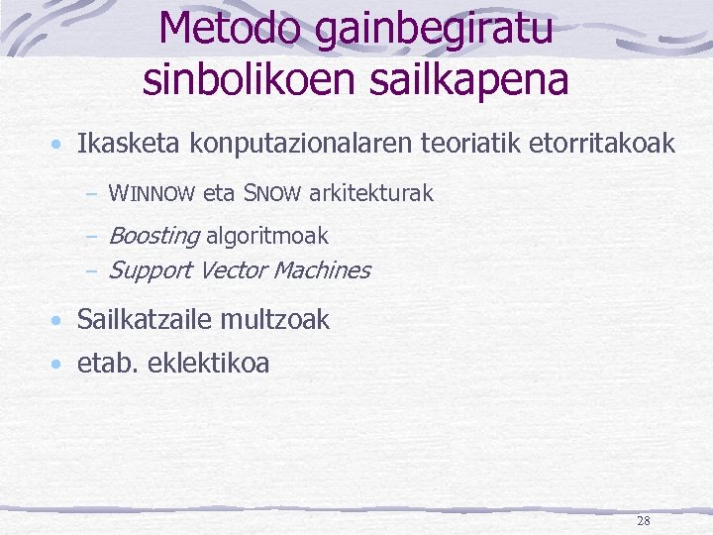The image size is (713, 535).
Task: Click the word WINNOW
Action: click(x=152, y=194)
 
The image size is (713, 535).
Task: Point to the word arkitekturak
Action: click(x=370, y=193)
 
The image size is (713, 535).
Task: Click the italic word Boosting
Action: click(x=153, y=236)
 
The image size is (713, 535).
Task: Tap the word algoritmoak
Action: click(x=266, y=236)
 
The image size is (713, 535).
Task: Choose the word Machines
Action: click(x=321, y=269)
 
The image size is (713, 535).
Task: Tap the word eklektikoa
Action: click(x=208, y=364)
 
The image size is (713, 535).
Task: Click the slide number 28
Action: click(x=644, y=521)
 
